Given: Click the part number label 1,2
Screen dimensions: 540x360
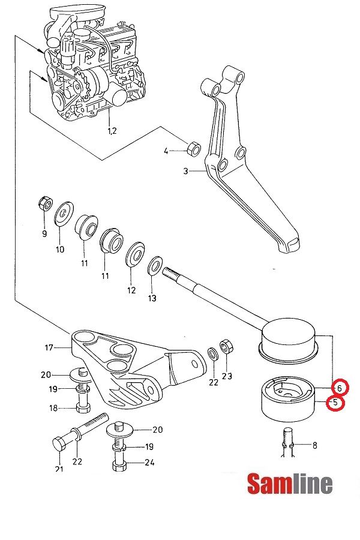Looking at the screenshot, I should (x=112, y=130).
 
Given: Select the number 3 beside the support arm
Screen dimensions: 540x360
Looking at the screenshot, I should (x=186, y=171).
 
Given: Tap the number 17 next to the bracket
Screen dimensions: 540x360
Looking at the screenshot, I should (x=49, y=347).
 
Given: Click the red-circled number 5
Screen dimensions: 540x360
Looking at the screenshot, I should (x=335, y=403).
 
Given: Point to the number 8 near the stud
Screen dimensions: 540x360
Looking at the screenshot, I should (x=314, y=445).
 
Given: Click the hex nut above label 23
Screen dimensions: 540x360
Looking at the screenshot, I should (x=227, y=346).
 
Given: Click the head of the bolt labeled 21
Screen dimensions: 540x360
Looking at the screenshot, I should (x=59, y=445).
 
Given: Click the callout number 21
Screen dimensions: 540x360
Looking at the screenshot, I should (x=59, y=469).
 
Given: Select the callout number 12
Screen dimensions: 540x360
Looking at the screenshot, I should (x=131, y=290).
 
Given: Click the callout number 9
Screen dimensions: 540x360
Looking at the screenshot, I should (x=44, y=233).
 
